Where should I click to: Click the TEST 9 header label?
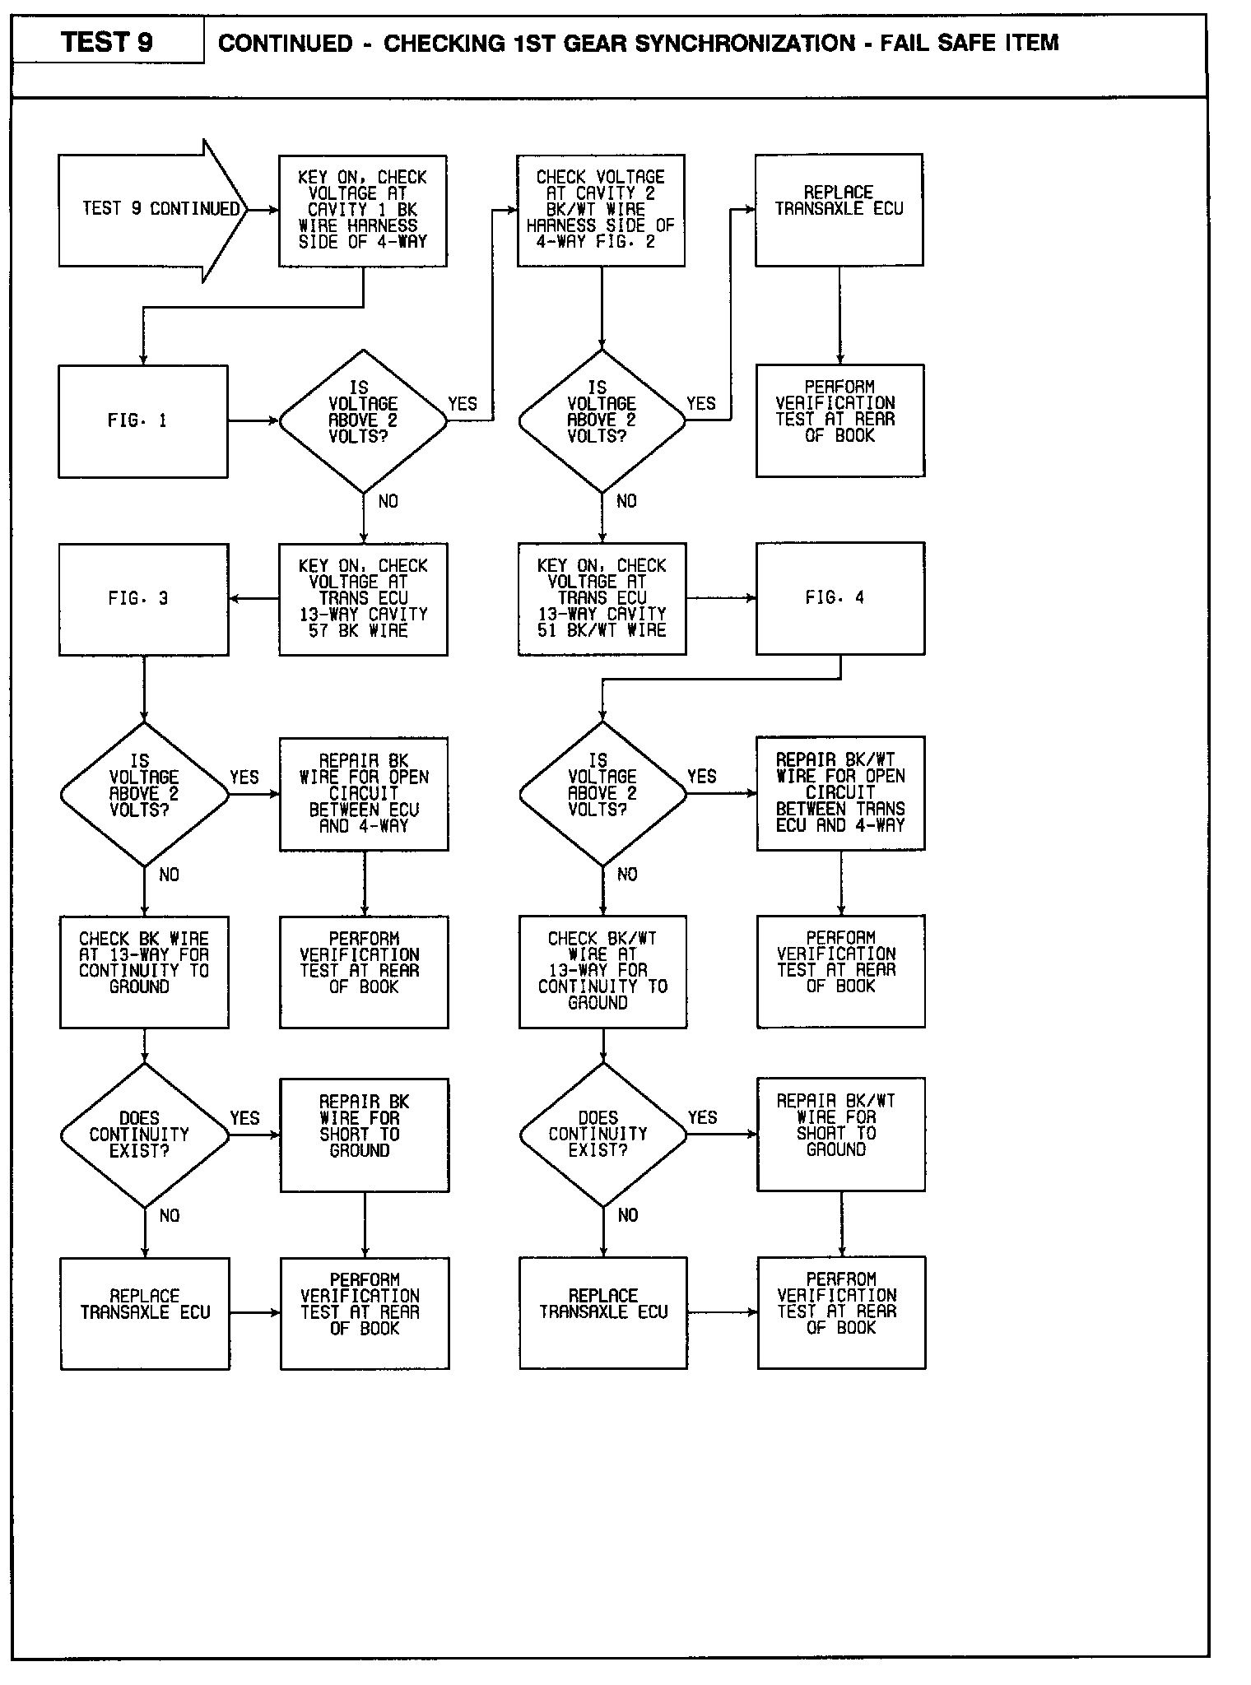[x=107, y=42]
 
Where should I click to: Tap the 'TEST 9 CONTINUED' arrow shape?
[x=152, y=209]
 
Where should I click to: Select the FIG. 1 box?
[x=142, y=420]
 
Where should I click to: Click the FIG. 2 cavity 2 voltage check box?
[x=601, y=210]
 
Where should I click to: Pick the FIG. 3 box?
[x=143, y=598]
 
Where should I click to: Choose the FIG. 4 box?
[x=839, y=597]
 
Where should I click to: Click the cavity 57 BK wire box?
[x=363, y=598]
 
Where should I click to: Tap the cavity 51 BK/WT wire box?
[x=602, y=598]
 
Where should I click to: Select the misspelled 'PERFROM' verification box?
[x=841, y=1312]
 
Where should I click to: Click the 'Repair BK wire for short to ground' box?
[x=364, y=1135]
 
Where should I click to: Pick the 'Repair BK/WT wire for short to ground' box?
[x=840, y=1134]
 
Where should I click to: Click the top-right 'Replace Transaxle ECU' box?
[x=839, y=209]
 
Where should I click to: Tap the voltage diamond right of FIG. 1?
[x=363, y=420]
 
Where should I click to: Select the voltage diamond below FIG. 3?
[x=144, y=794]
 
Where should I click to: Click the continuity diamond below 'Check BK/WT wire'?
[x=602, y=1135]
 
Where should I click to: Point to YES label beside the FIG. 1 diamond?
[x=463, y=403]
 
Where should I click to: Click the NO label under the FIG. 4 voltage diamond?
[x=627, y=875]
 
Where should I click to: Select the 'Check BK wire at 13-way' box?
[x=144, y=972]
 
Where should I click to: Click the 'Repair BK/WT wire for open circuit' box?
[x=840, y=793]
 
